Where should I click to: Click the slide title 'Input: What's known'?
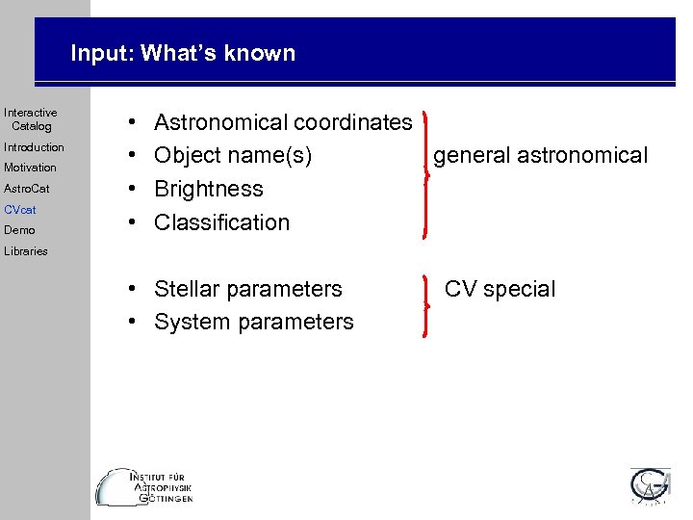183,53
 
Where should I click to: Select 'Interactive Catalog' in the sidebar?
31,119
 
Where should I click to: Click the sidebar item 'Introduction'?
34,147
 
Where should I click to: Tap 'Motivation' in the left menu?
30,168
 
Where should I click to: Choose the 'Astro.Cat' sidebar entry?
27,189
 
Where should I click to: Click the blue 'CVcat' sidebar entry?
19,209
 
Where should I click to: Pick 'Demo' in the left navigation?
19,230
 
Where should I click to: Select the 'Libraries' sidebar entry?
25,251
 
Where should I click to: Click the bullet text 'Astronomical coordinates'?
283,122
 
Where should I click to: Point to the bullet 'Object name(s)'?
233,155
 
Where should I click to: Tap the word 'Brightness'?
209,189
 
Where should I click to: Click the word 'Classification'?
221,221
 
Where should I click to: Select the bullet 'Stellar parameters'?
248,289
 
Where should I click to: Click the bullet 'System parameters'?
254,322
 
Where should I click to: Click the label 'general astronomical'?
541,155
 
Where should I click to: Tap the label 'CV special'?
500,289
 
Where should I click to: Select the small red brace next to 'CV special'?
426,305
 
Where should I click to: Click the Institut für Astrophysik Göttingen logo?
145,486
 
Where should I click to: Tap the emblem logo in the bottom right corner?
652,486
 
